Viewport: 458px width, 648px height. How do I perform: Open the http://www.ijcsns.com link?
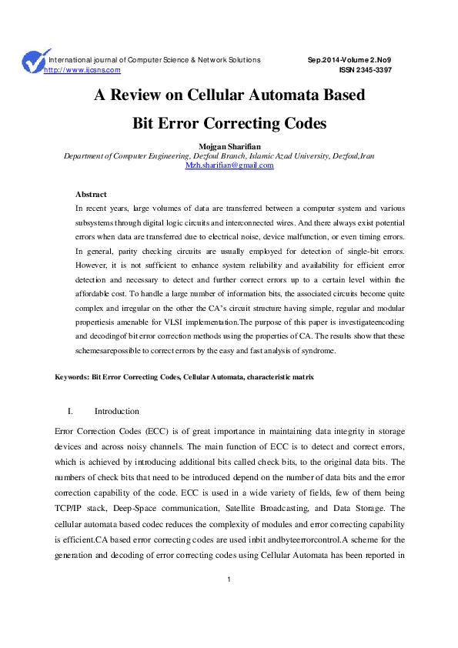coord(82,70)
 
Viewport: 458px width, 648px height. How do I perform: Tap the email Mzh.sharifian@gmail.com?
coord(229,165)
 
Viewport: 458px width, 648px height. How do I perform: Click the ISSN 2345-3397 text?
coord(370,70)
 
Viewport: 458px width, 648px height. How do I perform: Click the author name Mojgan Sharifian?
coord(229,146)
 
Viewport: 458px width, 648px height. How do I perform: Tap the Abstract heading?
coord(91,194)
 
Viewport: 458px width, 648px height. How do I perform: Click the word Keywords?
coord(71,377)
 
